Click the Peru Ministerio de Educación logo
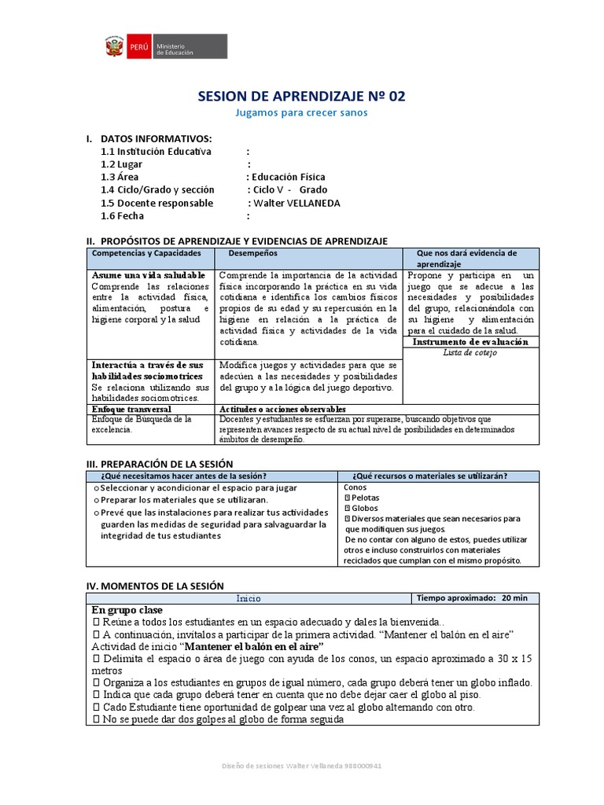165,47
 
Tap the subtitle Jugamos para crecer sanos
302,112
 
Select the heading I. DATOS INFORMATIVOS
149,138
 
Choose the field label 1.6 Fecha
122,215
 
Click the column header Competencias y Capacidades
146,253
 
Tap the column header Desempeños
252,253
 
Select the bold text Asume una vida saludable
149,275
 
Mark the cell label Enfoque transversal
131,410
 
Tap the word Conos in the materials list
355,487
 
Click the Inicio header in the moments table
248,597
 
